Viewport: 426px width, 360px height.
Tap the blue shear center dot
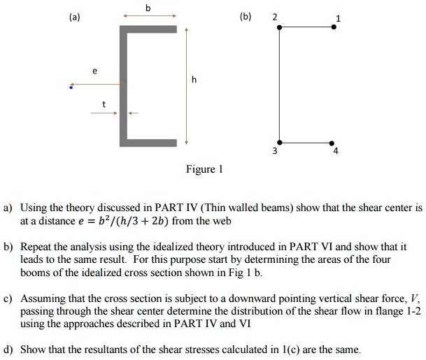pos(71,87)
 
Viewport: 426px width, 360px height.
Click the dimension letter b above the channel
pos(148,7)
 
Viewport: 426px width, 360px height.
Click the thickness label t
pos(105,103)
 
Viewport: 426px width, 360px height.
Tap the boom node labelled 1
pos(333,27)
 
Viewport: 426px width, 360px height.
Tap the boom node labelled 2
pos(279,27)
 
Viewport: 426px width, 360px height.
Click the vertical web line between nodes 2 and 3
pos(279,84)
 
